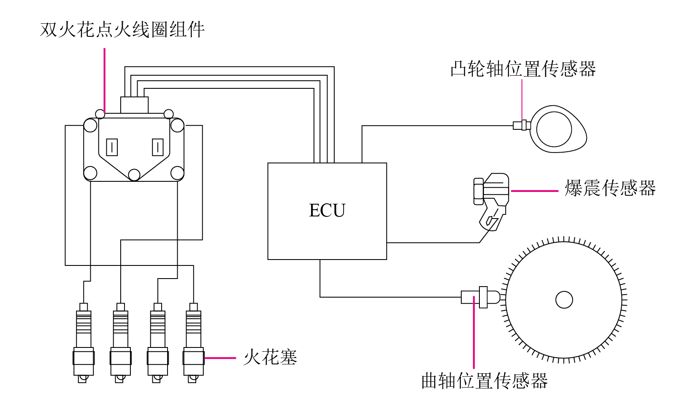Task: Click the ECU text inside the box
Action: pyautogui.click(x=327, y=210)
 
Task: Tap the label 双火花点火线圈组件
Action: pyautogui.click(x=122, y=30)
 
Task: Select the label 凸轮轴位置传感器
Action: pyautogui.click(x=523, y=68)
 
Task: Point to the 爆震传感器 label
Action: pyautogui.click(x=610, y=188)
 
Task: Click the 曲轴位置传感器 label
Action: pyautogui.click(x=484, y=380)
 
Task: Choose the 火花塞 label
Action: pyautogui.click(x=270, y=357)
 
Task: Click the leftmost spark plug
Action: pyautogui.click(x=84, y=343)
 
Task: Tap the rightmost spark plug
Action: pyautogui.click(x=194, y=343)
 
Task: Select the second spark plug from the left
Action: pyautogui.click(x=121, y=343)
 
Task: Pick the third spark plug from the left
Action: pyautogui.click(x=158, y=343)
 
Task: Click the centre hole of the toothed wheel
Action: pyautogui.click(x=564, y=300)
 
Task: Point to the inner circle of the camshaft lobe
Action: pyautogui.click(x=554, y=129)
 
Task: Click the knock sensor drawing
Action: pyautogui.click(x=491, y=202)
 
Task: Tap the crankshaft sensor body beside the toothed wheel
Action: pyautogui.click(x=480, y=297)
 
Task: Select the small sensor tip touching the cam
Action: pyautogui.click(x=522, y=126)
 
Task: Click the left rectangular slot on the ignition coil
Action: pyautogui.click(x=112, y=147)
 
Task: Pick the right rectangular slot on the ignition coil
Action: pyautogui.click(x=158, y=147)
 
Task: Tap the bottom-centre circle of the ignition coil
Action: pyautogui.click(x=134, y=175)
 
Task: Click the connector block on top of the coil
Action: pyautogui.click(x=134, y=105)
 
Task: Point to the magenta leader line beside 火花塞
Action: pyautogui.click(x=220, y=358)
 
